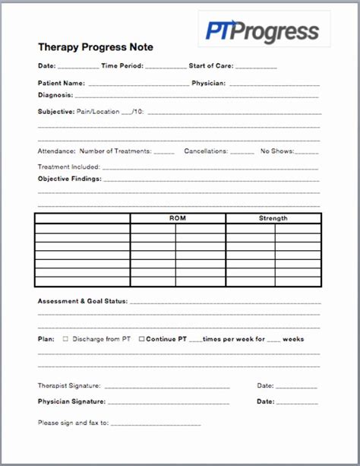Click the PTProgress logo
click(x=262, y=31)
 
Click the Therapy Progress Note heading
click(x=95, y=47)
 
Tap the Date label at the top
click(x=46, y=66)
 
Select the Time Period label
click(x=122, y=66)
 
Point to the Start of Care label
click(x=211, y=66)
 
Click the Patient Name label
click(x=61, y=83)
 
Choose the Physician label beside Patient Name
click(x=208, y=83)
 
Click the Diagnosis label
click(x=55, y=95)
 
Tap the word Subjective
click(x=56, y=111)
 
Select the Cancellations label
click(x=205, y=151)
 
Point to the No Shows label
click(x=276, y=151)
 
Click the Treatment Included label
click(x=68, y=166)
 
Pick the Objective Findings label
click(x=69, y=179)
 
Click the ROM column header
click(x=177, y=218)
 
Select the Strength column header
click(x=273, y=218)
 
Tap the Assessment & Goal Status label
click(x=82, y=301)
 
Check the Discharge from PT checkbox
click(x=65, y=339)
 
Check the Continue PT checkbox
click(x=141, y=339)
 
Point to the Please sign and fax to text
click(x=73, y=422)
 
